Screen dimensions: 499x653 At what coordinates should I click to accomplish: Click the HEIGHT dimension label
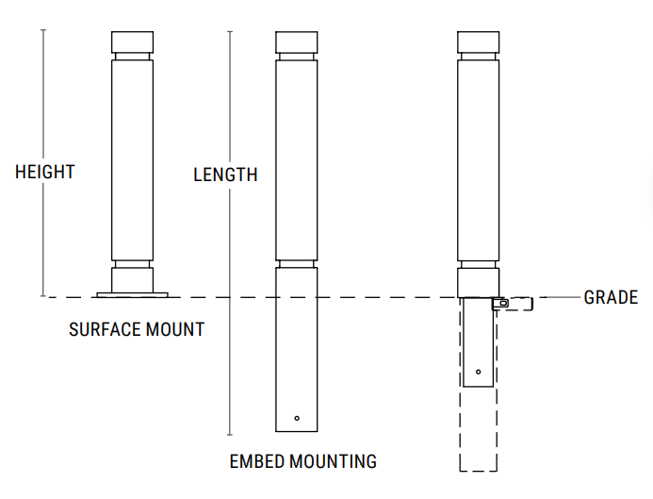click(x=44, y=173)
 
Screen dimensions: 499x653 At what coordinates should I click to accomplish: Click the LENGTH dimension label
click(x=225, y=175)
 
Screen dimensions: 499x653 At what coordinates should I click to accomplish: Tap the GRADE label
click(x=611, y=298)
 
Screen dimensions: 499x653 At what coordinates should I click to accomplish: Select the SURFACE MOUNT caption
click(x=137, y=330)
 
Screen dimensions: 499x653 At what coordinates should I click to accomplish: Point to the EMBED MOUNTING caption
click(x=303, y=461)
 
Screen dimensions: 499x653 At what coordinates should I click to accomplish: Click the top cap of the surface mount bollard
click(x=132, y=42)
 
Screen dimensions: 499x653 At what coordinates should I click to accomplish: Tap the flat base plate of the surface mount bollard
click(x=132, y=295)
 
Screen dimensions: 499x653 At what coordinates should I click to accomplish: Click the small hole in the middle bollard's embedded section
click(x=297, y=418)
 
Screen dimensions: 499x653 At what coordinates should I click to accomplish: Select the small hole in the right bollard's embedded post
click(x=478, y=372)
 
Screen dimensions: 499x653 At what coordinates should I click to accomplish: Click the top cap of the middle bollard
click(x=296, y=42)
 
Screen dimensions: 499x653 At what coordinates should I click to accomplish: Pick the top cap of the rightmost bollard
click(x=478, y=42)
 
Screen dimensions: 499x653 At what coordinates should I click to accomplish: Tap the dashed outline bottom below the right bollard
click(x=478, y=469)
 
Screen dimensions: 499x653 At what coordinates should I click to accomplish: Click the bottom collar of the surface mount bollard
click(x=132, y=280)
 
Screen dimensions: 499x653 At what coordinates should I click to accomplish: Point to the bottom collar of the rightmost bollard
click(x=478, y=282)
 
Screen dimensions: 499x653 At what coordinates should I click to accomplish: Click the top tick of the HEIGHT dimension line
click(x=42, y=31)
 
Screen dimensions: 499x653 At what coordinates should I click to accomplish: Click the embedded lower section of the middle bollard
click(x=297, y=349)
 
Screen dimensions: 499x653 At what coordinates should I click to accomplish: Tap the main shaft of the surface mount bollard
click(x=132, y=160)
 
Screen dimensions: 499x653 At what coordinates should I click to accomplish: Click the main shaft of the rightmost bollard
click(x=478, y=160)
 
